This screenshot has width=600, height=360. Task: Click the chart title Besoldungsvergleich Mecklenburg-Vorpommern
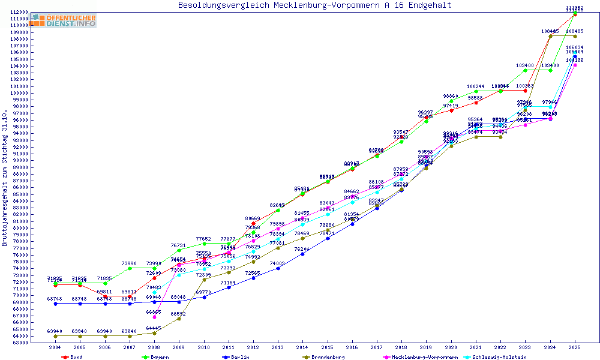(x=314, y=5)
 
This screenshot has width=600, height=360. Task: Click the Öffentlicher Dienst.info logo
(x=64, y=21)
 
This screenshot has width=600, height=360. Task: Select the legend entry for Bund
(x=73, y=357)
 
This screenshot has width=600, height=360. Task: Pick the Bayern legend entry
(x=155, y=357)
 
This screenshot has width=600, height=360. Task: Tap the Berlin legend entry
(x=236, y=357)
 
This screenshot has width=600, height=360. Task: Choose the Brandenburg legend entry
(x=324, y=357)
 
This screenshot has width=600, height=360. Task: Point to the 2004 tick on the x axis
(x=55, y=347)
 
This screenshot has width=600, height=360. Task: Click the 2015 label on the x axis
(x=328, y=347)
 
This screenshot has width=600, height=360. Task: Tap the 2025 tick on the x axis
(x=575, y=347)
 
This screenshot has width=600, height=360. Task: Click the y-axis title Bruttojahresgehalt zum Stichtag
(x=5, y=178)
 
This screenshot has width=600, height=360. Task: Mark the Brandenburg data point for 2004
(x=55, y=336)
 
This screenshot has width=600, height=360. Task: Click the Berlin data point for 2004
(x=55, y=304)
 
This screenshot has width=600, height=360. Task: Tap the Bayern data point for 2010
(x=204, y=244)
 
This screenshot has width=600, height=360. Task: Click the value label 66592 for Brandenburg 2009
(x=179, y=314)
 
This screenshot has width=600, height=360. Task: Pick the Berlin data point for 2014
(x=303, y=254)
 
